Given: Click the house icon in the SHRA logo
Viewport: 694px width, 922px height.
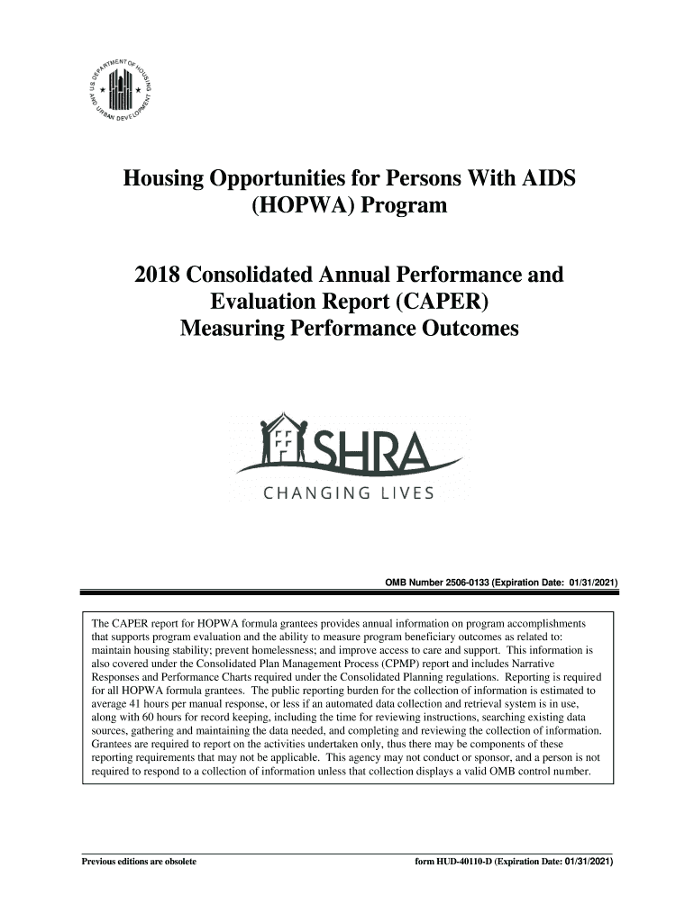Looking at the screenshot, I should [282, 441].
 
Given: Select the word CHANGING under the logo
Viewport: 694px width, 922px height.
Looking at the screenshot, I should [315, 493].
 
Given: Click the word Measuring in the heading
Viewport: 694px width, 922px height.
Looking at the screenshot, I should [237, 330].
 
